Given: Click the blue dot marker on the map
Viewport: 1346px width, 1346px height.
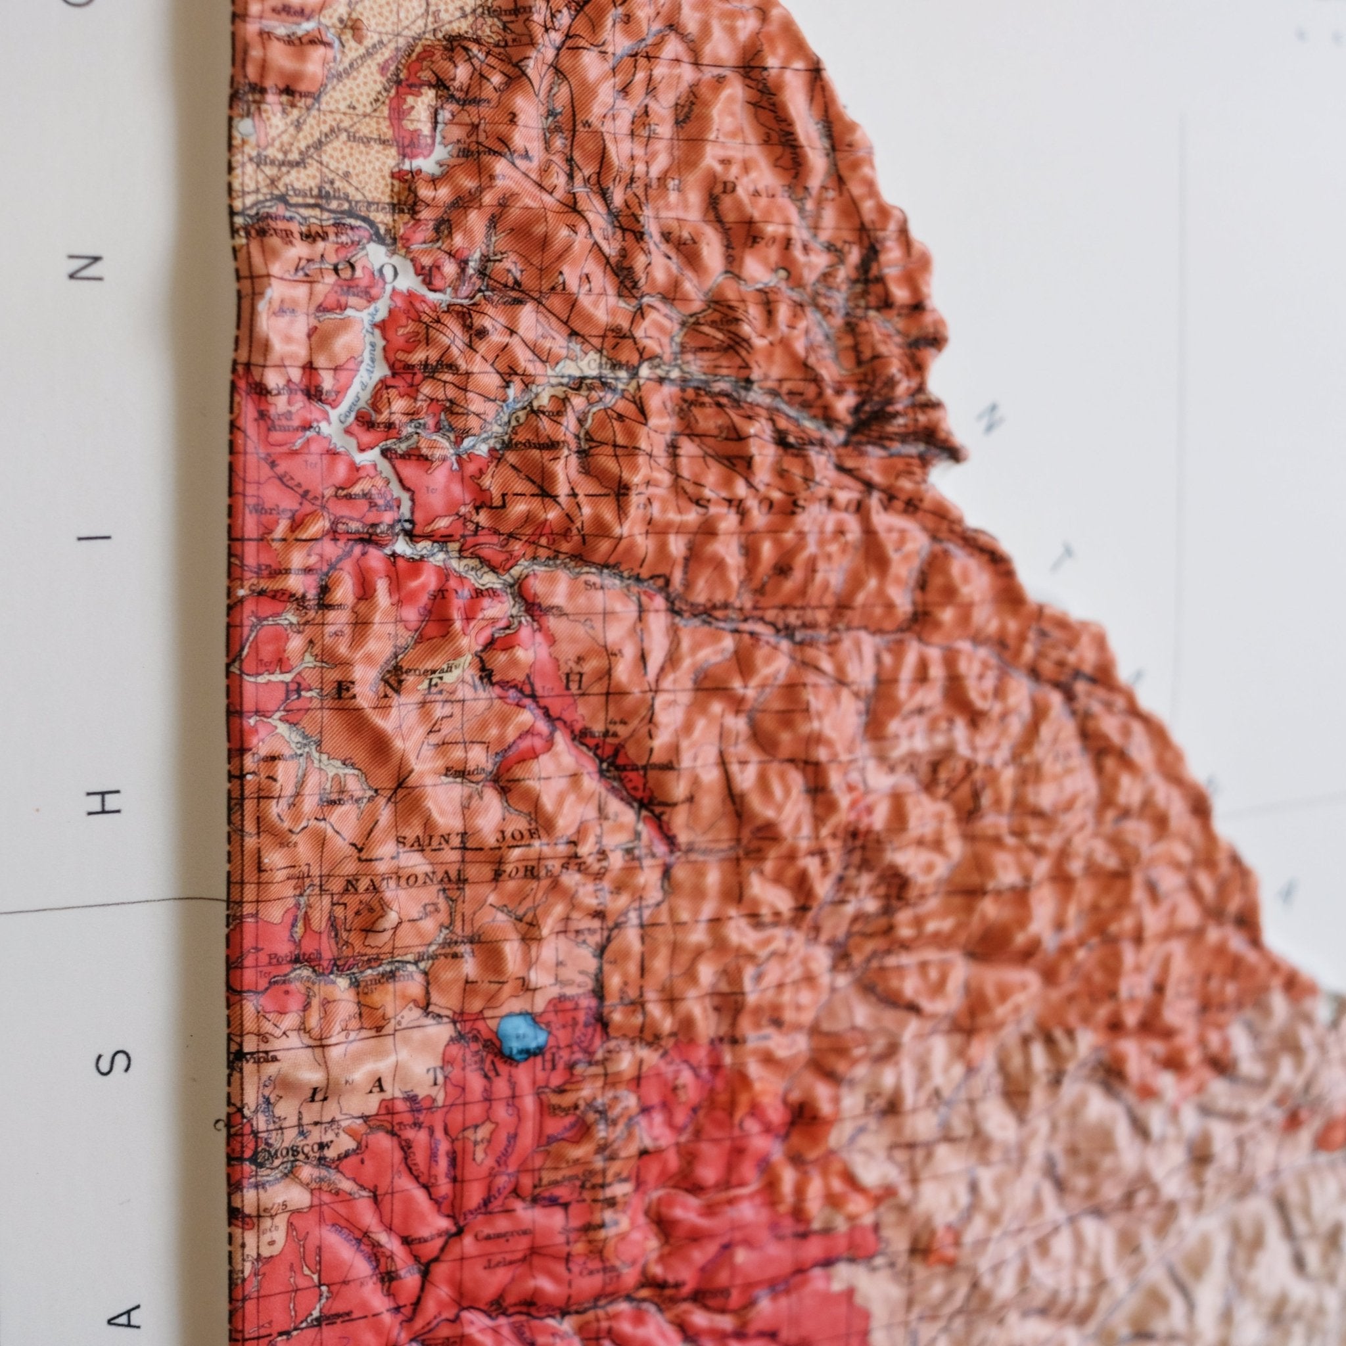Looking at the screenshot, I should pos(521,1037).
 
